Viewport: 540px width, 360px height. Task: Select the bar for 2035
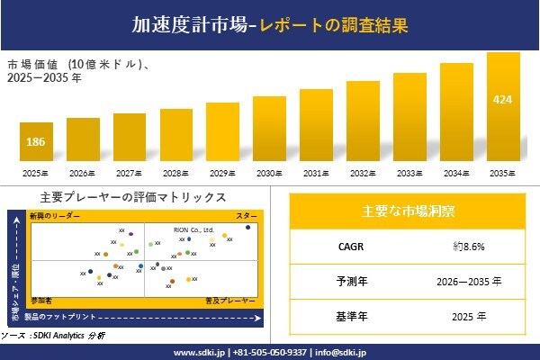tap(503, 108)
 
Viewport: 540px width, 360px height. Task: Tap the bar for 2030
tap(270, 128)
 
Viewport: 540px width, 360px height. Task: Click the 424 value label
tap(503, 98)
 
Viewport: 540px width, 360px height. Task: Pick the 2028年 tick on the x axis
tap(176, 173)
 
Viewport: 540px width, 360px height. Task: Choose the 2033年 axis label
tap(409, 173)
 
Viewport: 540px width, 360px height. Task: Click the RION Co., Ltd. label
tap(193, 229)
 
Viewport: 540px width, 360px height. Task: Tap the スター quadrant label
tap(246, 217)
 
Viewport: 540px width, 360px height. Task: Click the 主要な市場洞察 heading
tap(408, 211)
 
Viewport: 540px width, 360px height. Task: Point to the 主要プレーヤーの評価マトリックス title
tap(133, 197)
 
